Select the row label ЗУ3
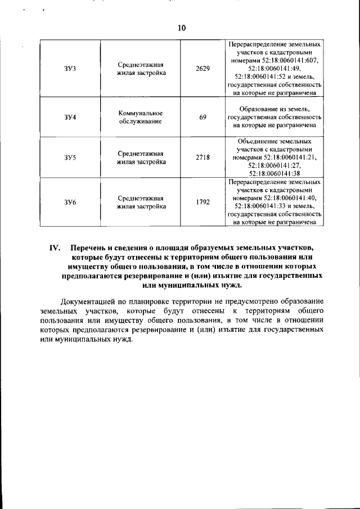click(70, 69)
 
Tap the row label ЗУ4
click(70, 118)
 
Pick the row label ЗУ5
click(70, 158)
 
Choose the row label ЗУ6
click(70, 202)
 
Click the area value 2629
click(202, 69)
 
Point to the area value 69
click(202, 118)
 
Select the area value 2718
click(202, 158)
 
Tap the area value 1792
click(202, 202)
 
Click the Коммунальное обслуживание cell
click(141, 117)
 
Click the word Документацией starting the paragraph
click(89, 301)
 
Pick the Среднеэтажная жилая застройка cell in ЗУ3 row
click(141, 69)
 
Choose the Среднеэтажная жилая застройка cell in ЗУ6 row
click(141, 202)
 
